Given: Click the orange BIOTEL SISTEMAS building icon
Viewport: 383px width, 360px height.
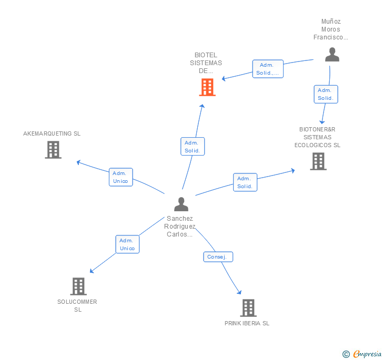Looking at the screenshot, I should pos(207,87).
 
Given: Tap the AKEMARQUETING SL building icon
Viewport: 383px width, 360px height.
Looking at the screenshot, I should pos(53,150).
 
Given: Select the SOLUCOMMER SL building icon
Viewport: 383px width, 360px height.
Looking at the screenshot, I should pos(78,286).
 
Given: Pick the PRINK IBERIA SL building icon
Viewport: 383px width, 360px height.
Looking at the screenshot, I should pos(248,307).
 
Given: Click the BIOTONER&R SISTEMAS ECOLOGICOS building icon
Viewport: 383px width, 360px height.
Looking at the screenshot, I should pos(318,161).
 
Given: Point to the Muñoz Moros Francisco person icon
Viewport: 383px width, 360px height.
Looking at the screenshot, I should pos(332,55).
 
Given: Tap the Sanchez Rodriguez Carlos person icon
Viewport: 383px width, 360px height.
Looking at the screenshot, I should pos(181,204).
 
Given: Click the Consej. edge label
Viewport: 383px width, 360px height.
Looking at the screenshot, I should pos(218,257).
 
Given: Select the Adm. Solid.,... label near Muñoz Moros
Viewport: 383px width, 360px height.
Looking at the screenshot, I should pos(268,69).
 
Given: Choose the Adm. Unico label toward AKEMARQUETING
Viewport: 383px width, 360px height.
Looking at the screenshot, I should pos(121,177).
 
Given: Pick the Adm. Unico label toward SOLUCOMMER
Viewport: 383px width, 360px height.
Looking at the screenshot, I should pos(127,244).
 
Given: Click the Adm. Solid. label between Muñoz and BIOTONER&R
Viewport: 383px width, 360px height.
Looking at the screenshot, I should pos(326,94).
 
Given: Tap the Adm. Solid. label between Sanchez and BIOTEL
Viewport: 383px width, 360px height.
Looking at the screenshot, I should pos(192,147).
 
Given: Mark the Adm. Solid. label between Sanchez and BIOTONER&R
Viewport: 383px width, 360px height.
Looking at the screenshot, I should pos(245,182).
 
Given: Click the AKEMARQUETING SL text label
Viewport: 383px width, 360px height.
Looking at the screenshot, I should pos(52,133).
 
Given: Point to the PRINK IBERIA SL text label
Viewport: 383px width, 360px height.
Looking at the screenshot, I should pos(247,323).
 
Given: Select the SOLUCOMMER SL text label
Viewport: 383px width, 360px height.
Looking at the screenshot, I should pos(77,305).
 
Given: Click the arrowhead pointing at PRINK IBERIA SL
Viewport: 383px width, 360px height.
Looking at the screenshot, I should pos(239,292).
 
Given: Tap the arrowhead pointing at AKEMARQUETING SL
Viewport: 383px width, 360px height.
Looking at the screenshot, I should pos(78,162).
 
